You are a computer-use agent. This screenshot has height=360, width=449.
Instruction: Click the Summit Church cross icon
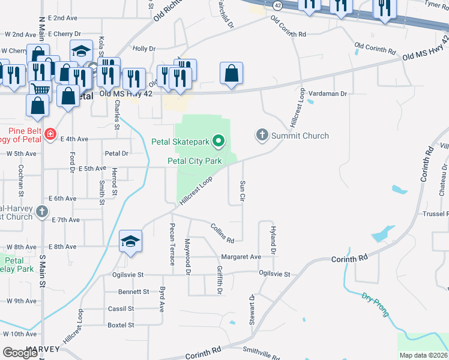[261, 135]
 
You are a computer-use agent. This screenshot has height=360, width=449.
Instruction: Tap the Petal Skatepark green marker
[218, 142]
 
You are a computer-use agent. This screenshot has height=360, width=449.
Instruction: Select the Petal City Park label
[194, 161]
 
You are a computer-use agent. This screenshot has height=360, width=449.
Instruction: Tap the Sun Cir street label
[243, 190]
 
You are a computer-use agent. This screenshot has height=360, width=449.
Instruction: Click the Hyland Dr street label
[273, 239]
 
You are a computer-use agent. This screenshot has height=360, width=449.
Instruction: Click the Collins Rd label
[221, 232]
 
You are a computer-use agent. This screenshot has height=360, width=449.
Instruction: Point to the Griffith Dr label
[220, 280]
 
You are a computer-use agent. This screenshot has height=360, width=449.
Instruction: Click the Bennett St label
[133, 292]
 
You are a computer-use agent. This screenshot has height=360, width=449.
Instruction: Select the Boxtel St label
[121, 325]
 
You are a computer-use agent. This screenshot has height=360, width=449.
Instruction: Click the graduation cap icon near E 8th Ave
[130, 241]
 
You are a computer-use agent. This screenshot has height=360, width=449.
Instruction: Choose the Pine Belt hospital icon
[51, 134]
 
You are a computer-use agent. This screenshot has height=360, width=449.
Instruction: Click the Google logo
[20, 352]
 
